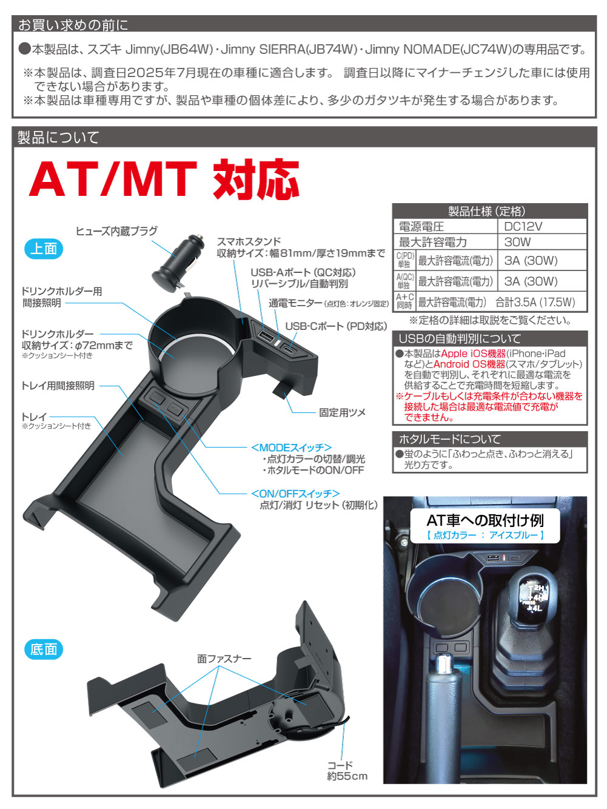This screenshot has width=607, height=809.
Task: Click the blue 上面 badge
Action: coord(44,249)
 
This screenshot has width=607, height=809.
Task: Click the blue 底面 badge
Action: coord(44,649)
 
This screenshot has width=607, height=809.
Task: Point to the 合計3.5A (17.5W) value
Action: coord(535,302)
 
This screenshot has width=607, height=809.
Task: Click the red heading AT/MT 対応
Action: coord(164,180)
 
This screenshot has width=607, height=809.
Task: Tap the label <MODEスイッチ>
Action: coord(291,448)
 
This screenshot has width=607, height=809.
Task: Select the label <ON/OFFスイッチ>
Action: coord(295,493)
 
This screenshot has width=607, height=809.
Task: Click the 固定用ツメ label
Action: coord(342,412)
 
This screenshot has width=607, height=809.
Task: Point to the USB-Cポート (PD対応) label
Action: coord(336,326)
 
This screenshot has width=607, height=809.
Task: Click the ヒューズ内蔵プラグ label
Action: coord(116,230)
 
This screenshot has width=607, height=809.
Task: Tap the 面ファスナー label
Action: coord(224,658)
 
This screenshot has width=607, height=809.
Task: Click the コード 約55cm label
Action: coord(347,771)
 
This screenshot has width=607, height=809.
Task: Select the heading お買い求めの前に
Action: coord(73,25)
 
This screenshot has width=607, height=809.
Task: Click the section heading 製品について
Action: coord(58,137)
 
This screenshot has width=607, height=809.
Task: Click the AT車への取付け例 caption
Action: coord(485,520)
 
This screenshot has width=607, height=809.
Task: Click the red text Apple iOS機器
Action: coord(473,354)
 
